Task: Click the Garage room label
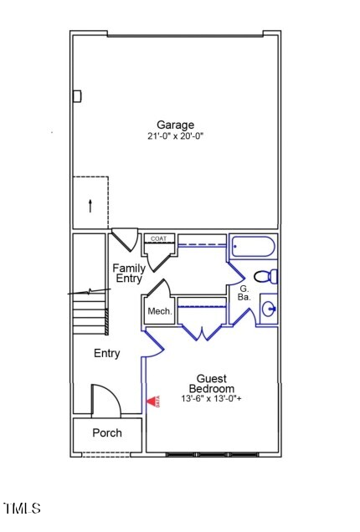[x=175, y=125]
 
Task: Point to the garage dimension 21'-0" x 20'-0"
[x=175, y=136]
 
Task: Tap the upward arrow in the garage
[x=90, y=204]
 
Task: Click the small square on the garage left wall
[x=77, y=96]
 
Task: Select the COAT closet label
[x=158, y=238]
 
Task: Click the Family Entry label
[x=128, y=274]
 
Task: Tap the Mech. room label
[x=159, y=312]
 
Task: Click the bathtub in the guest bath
[x=252, y=248]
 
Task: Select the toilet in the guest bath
[x=266, y=277]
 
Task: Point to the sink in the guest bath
[x=269, y=309]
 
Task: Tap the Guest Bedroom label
[x=211, y=384]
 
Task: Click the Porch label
[x=106, y=433]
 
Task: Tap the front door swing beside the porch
[x=105, y=399]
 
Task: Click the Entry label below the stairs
[x=106, y=354]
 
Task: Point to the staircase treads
[x=90, y=318]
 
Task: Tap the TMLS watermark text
[x=22, y=508]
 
